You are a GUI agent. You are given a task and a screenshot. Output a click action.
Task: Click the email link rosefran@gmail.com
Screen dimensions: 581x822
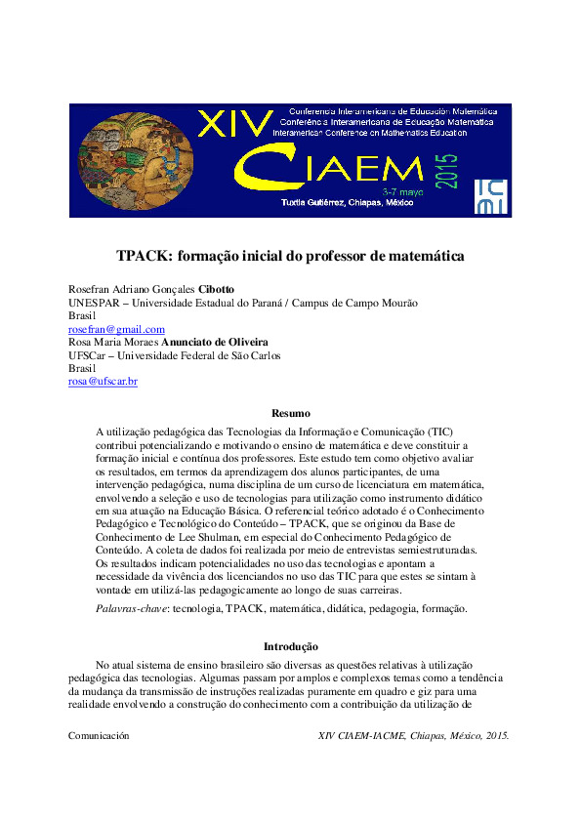click(116, 330)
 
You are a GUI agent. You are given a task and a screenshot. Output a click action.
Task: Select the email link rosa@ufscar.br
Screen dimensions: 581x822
click(103, 381)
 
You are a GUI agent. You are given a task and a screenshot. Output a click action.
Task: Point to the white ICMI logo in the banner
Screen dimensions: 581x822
click(489, 195)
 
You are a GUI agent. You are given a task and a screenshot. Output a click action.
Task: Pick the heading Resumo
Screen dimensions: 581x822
click(290, 413)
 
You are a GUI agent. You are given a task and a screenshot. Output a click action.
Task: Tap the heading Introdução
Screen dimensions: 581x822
click(290, 645)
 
